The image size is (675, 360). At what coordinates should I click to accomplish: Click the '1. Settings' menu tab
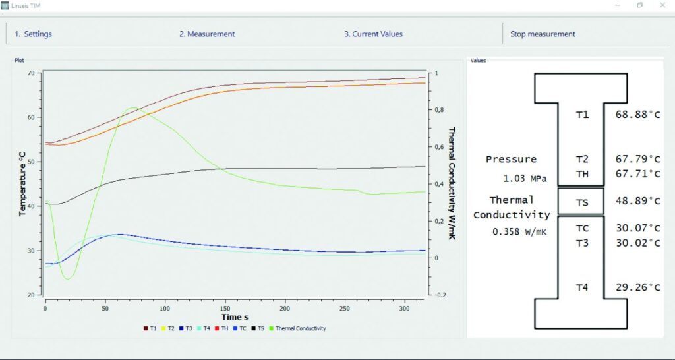(x=33, y=34)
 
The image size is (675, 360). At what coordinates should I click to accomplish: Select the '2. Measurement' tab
(x=207, y=34)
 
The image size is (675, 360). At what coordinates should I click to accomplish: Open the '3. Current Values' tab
(x=373, y=34)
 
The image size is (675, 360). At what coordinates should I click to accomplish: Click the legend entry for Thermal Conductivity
(x=300, y=328)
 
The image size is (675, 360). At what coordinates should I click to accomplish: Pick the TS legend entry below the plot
(x=259, y=328)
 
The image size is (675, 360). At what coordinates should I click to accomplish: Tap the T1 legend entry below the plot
(x=150, y=328)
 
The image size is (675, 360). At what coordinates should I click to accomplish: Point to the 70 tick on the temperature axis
(x=30, y=73)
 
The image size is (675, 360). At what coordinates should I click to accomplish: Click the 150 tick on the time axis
(x=225, y=308)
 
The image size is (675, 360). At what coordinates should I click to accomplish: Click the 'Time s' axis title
(x=235, y=317)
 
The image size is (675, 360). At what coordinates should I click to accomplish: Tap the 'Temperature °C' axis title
(x=22, y=183)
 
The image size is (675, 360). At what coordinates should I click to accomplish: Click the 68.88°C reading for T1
(x=637, y=115)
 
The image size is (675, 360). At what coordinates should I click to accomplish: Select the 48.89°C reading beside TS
(x=637, y=201)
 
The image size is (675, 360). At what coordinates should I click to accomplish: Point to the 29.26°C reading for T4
(x=637, y=287)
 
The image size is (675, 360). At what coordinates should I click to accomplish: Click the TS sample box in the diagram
(x=581, y=201)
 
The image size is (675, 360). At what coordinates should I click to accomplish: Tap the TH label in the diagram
(x=582, y=174)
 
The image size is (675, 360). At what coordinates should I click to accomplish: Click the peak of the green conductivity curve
(x=132, y=108)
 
